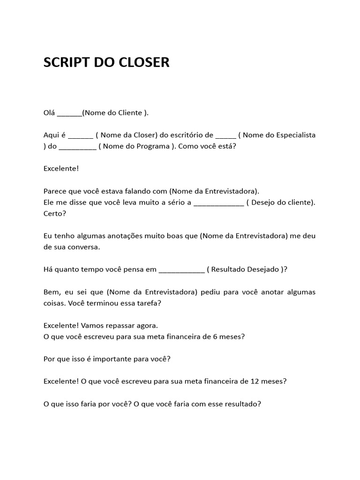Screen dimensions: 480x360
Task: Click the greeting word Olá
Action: click(x=49, y=112)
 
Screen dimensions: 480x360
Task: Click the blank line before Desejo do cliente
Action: click(x=218, y=203)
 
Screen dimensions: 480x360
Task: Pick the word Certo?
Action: click(x=54, y=214)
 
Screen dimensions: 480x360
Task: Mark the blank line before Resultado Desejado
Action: click(x=182, y=270)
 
